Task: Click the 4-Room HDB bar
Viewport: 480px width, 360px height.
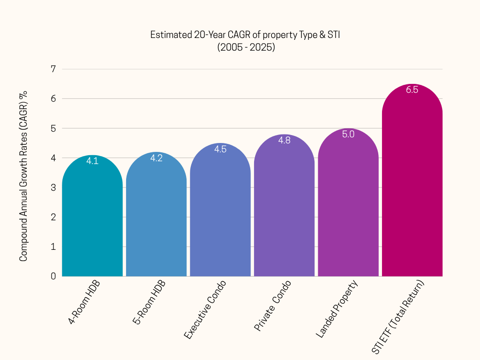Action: [92, 220]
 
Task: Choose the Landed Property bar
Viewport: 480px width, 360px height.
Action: [348, 207]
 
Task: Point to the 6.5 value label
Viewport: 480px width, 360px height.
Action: [412, 90]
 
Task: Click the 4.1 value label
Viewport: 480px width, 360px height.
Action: [92, 161]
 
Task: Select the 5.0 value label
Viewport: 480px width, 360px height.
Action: [348, 135]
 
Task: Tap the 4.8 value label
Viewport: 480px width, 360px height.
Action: [284, 140]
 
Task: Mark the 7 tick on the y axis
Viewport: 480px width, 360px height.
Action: [53, 69]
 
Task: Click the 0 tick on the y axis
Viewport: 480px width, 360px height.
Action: [53, 276]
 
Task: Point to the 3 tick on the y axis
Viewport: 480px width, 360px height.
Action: [53, 187]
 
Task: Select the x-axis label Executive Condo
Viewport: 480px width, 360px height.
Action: [205, 310]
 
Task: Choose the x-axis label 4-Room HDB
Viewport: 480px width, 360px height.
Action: [84, 302]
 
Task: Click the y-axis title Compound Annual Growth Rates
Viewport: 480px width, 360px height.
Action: [23, 176]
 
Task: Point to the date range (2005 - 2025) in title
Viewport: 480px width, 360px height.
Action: [246, 47]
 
